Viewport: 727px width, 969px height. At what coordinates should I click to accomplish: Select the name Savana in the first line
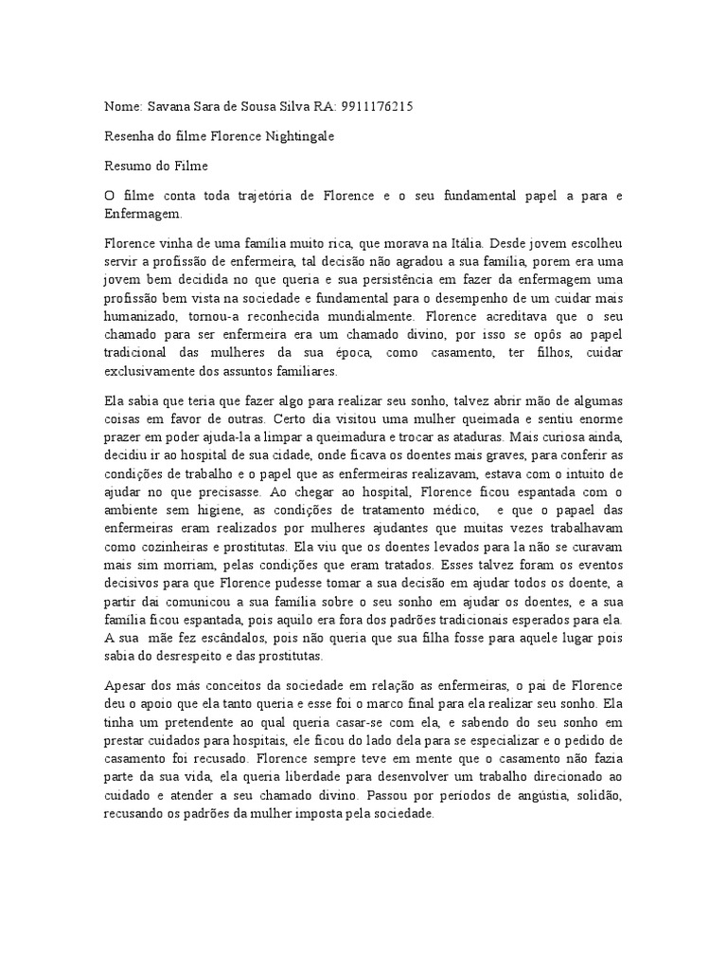(165, 107)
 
